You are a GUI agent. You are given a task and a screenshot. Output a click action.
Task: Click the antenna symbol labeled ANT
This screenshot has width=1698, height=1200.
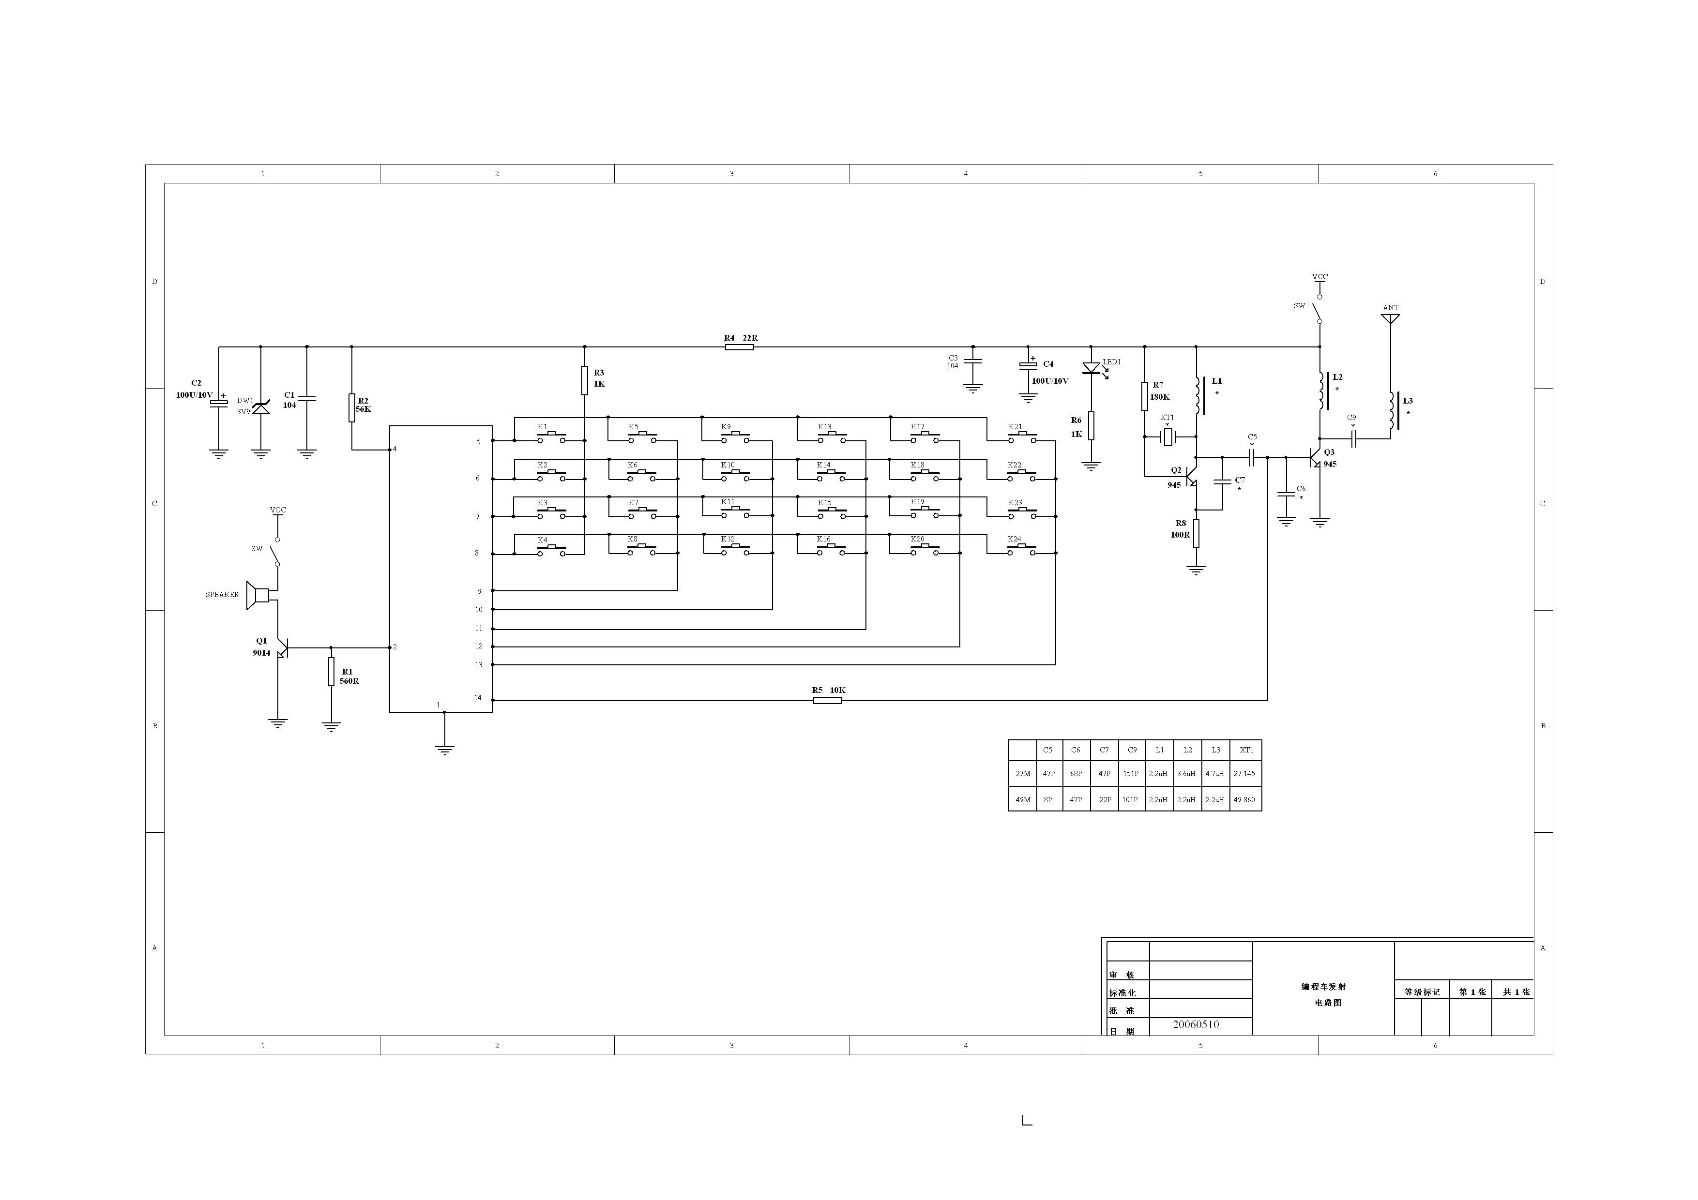pos(1390,319)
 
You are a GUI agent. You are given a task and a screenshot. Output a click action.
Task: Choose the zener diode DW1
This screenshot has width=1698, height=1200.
pos(260,406)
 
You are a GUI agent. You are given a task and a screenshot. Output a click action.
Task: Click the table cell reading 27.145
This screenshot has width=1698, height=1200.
pos(1244,773)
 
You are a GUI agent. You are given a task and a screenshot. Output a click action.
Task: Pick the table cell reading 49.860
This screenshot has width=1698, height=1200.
pos(1244,799)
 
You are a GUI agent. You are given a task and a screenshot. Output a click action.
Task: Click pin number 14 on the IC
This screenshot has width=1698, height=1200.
pos(478,698)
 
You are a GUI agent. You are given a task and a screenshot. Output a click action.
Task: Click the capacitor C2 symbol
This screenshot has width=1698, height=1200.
pos(218,403)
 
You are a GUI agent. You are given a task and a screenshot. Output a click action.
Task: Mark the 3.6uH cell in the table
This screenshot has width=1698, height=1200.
pos(1186,773)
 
